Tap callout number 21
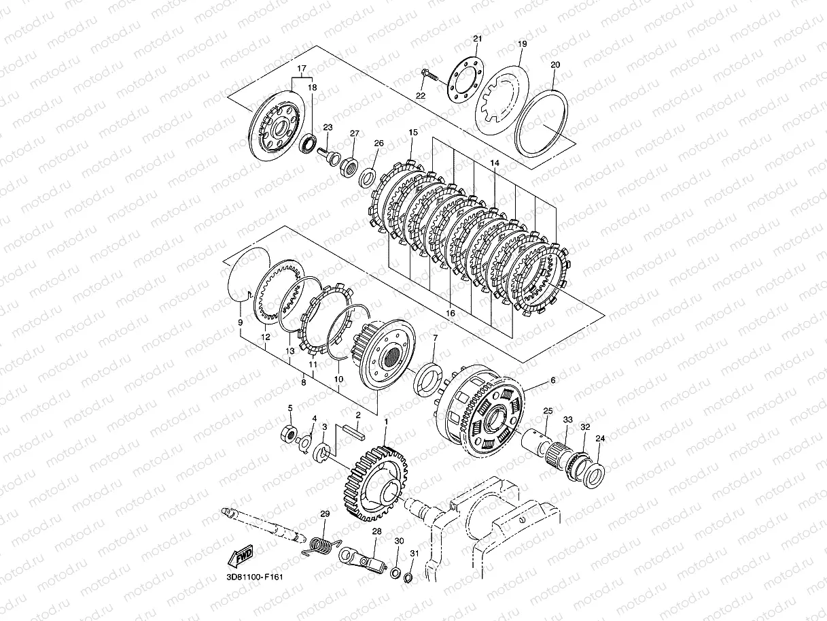point(476,39)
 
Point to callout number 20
point(555,65)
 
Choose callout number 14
point(494,163)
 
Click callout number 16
point(449,312)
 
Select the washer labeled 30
point(395,571)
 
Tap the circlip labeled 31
point(408,577)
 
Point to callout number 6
point(552,381)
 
